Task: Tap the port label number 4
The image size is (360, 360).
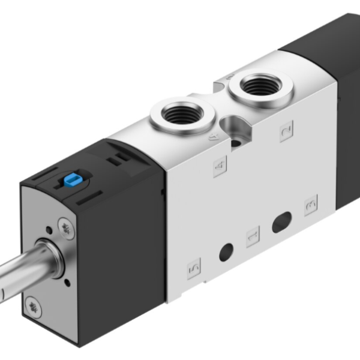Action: point(219,164)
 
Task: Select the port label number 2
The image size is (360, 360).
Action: point(286,130)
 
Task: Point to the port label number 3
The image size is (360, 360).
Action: point(310,205)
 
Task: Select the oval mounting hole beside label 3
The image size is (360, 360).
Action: point(281,221)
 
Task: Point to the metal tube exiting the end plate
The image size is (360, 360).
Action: point(18,273)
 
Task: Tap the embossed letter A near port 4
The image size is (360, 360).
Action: point(211,137)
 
